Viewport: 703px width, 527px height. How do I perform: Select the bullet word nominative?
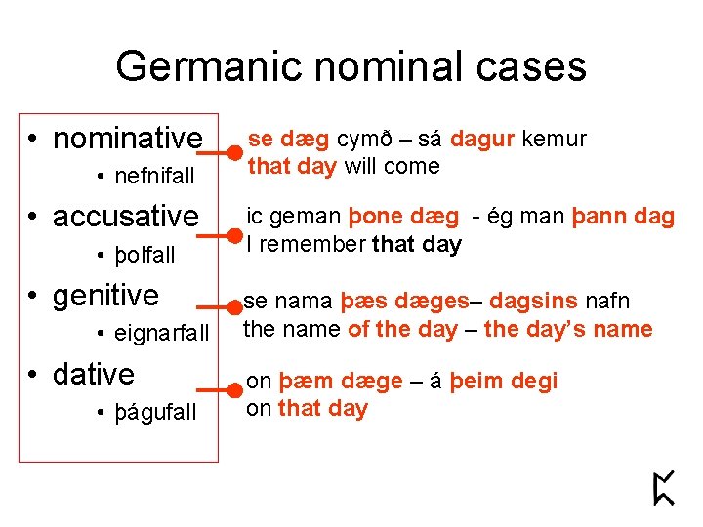tap(128, 139)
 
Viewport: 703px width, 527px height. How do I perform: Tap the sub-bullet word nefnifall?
tap(154, 177)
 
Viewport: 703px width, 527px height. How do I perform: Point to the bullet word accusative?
tap(126, 217)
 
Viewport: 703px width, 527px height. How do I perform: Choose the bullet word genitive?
tap(105, 295)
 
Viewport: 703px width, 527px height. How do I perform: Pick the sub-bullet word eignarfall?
tap(161, 334)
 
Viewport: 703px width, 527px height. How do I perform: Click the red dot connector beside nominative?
tap(235, 153)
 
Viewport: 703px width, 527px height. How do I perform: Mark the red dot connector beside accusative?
tap(235, 235)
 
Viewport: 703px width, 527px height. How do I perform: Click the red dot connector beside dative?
tap(235, 390)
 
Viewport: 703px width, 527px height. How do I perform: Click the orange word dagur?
tap(482, 140)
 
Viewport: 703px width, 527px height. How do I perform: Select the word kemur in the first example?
tap(554, 140)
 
